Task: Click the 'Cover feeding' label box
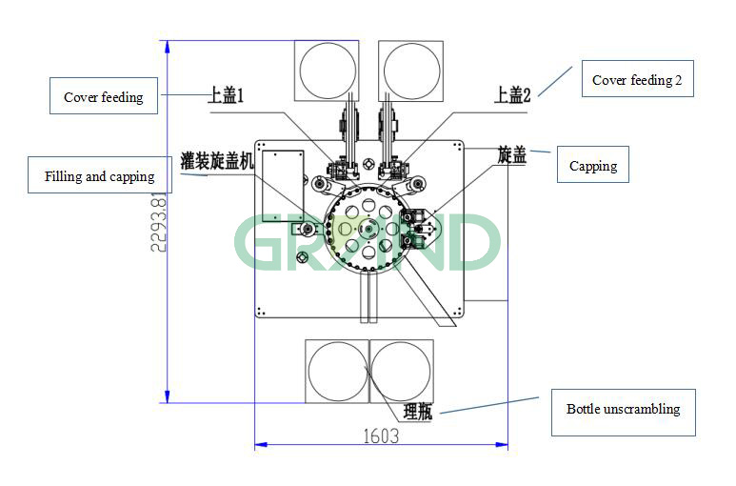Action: pos(103,96)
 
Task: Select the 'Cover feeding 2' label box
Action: pos(637,80)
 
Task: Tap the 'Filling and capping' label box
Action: pos(99,176)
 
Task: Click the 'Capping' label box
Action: pos(592,166)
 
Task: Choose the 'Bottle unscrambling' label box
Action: pos(623,410)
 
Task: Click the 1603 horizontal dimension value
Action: pos(380,435)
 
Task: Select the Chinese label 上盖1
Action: pos(228,95)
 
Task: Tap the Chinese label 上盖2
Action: pos(512,95)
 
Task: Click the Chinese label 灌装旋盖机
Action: pos(218,160)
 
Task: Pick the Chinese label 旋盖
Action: pos(512,154)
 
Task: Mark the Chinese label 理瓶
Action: pos(418,412)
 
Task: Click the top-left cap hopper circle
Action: pos(328,70)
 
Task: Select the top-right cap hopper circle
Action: pos(411,70)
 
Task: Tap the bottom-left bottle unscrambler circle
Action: pos(336,371)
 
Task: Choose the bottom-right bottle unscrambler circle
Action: pos(401,371)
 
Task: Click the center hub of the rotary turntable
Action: pos(368,229)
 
